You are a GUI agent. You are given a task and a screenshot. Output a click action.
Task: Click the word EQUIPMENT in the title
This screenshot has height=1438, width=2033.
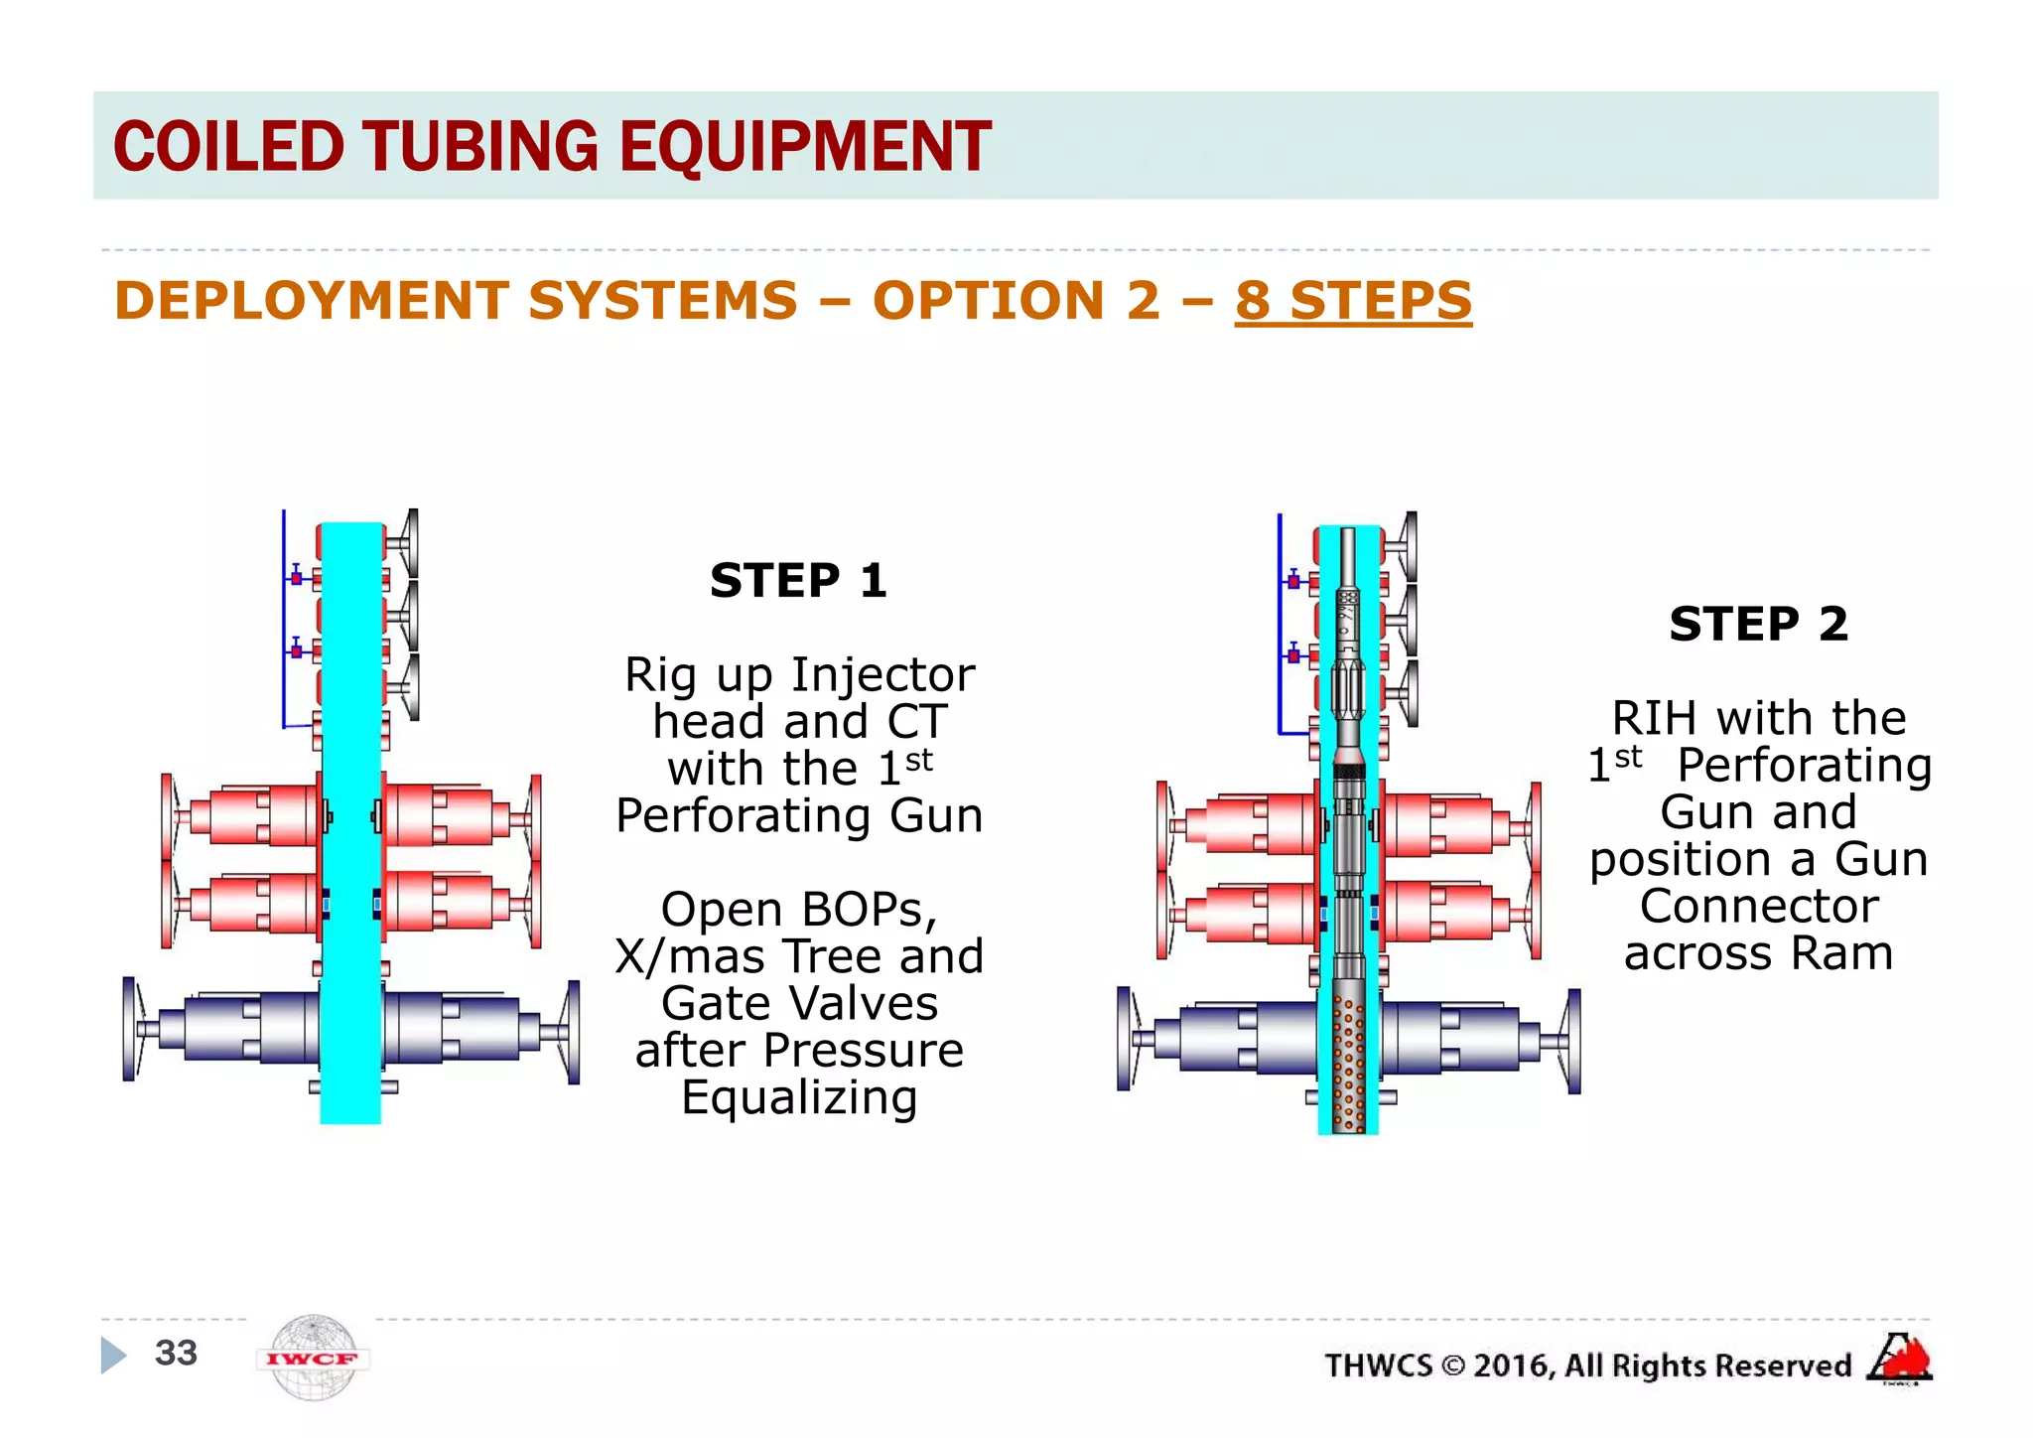(805, 147)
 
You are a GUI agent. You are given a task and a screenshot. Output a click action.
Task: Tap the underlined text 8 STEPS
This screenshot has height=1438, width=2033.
(1353, 300)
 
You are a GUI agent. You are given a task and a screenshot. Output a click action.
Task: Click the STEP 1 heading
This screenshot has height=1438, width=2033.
(798, 580)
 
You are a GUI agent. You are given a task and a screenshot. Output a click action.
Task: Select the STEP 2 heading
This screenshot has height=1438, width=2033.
(1758, 624)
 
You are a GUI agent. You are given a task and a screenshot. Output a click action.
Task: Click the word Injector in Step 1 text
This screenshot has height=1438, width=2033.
(883, 675)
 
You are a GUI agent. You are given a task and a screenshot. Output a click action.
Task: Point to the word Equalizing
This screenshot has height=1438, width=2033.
(799, 1098)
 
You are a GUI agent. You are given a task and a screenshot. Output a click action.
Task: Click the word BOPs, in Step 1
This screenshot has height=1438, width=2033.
(869, 910)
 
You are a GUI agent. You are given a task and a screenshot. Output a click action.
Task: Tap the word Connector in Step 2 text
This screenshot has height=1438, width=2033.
(1759, 906)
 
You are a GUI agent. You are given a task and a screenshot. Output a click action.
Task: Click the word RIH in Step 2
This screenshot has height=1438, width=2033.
(1657, 718)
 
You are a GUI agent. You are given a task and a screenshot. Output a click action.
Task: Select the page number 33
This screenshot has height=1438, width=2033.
(176, 1353)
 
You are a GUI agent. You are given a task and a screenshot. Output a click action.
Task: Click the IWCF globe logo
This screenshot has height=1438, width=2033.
(313, 1358)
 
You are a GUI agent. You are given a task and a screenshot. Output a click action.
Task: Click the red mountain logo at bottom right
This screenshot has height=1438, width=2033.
(1900, 1359)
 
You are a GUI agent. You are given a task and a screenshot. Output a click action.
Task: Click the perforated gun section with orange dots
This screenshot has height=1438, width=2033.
(1348, 1053)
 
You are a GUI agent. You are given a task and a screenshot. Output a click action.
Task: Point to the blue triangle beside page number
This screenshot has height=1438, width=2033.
(113, 1355)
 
